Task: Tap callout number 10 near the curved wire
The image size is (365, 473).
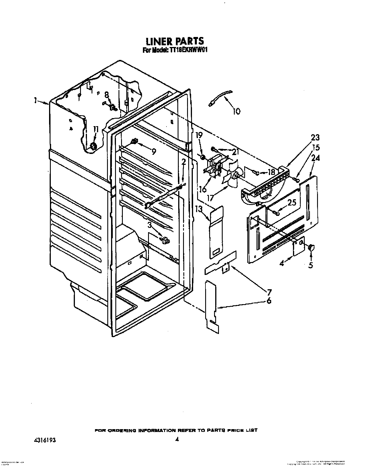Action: pos(236,111)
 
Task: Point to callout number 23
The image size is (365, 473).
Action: pos(315,138)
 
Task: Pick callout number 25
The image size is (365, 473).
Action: pos(292,202)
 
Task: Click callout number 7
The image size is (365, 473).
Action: pos(269,293)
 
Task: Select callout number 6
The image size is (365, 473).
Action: pos(269,301)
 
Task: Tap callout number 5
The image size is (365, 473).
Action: pos(311,265)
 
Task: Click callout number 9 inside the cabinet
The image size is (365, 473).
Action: pos(154,151)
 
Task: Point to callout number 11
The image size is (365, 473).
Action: pos(96,129)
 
